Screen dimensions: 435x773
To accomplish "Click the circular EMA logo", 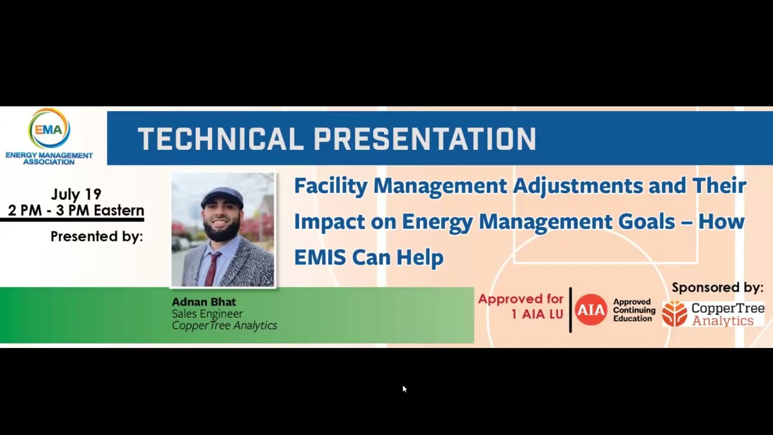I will [49, 128].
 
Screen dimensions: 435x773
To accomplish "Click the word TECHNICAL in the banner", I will [220, 139].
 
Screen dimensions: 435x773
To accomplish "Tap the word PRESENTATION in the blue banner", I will [425, 139].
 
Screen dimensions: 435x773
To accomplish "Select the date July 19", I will [76, 194].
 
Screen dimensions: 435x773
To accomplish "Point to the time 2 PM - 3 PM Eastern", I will [76, 210].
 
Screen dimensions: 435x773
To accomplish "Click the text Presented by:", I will [97, 236].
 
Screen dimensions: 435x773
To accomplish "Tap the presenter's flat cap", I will [222, 197].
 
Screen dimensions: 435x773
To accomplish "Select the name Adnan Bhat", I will [204, 302].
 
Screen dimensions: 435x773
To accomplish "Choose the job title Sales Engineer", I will [207, 314].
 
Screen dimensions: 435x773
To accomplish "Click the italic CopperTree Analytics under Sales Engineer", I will [224, 326].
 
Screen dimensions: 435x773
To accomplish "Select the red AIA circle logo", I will [591, 310].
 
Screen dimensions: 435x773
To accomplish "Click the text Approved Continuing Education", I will [633, 310].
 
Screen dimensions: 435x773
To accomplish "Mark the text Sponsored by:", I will [717, 288].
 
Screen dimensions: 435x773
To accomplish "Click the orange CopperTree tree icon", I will [675, 314].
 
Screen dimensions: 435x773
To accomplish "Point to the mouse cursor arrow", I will [404, 389].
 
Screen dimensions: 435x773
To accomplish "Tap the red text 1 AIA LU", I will [537, 314].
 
